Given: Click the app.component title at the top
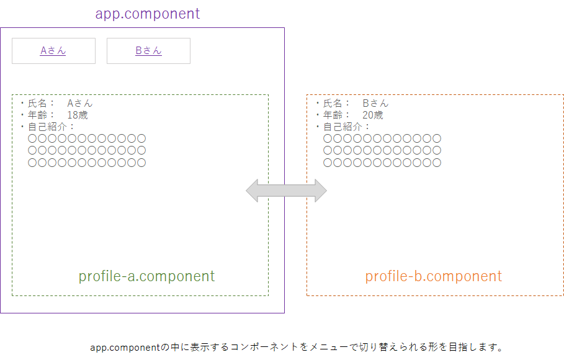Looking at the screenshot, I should (x=148, y=14).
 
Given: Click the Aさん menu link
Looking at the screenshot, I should (x=53, y=51).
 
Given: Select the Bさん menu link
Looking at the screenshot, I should (x=148, y=51).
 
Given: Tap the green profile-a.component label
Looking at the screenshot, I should (x=146, y=276).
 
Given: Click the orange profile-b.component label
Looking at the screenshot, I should (x=433, y=276).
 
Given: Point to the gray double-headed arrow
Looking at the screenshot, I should (x=286, y=191).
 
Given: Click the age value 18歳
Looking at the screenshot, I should (x=78, y=115).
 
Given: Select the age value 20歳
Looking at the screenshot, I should (x=373, y=115).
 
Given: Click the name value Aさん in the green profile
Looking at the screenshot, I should (x=80, y=103).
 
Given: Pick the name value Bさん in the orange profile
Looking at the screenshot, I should (x=375, y=103).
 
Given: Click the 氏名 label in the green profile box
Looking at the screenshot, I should (x=38, y=103).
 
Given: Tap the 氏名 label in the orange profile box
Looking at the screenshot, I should (x=333, y=103).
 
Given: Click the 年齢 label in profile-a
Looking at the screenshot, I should (x=38, y=115).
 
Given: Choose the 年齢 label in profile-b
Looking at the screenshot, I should (x=333, y=115).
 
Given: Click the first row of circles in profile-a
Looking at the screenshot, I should (x=87, y=138).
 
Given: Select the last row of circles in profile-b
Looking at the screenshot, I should (x=382, y=163).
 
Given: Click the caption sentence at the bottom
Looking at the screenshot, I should (x=296, y=347).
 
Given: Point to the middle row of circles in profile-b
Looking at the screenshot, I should (x=382, y=151).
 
